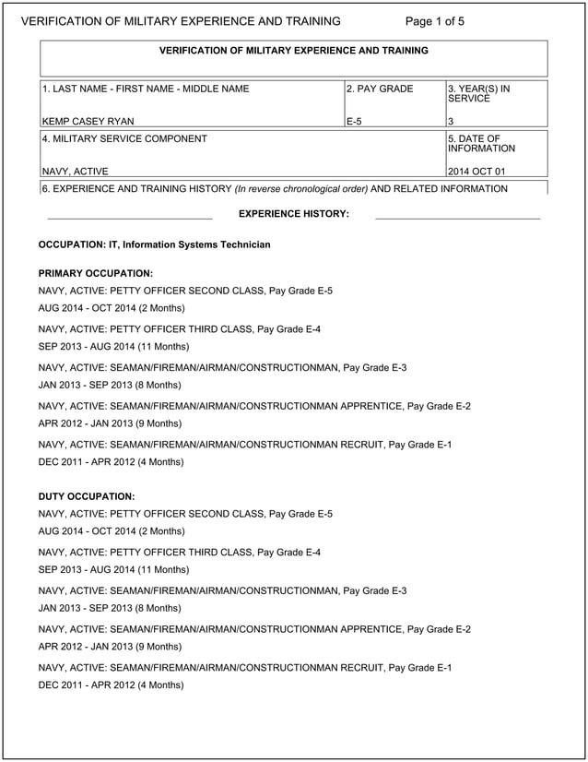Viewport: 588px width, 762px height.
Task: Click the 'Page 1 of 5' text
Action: [x=435, y=21]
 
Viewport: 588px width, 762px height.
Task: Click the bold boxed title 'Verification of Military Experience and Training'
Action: [x=294, y=51]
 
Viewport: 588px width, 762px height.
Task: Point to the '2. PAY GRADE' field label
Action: [x=381, y=89]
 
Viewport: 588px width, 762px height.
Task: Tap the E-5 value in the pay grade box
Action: [x=354, y=121]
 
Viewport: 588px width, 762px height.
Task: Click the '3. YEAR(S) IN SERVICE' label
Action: [x=478, y=93]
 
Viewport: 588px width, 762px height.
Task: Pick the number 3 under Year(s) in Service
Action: [x=451, y=121]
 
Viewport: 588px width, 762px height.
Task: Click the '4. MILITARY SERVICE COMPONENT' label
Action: [x=124, y=139]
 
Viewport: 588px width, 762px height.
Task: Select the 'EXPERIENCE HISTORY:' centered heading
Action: [x=294, y=214]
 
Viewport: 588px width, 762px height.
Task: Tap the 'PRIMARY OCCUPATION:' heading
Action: [x=95, y=274]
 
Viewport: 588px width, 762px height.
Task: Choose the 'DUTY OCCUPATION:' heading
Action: [x=87, y=496]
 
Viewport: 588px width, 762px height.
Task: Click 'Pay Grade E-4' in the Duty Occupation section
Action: [x=289, y=552]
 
